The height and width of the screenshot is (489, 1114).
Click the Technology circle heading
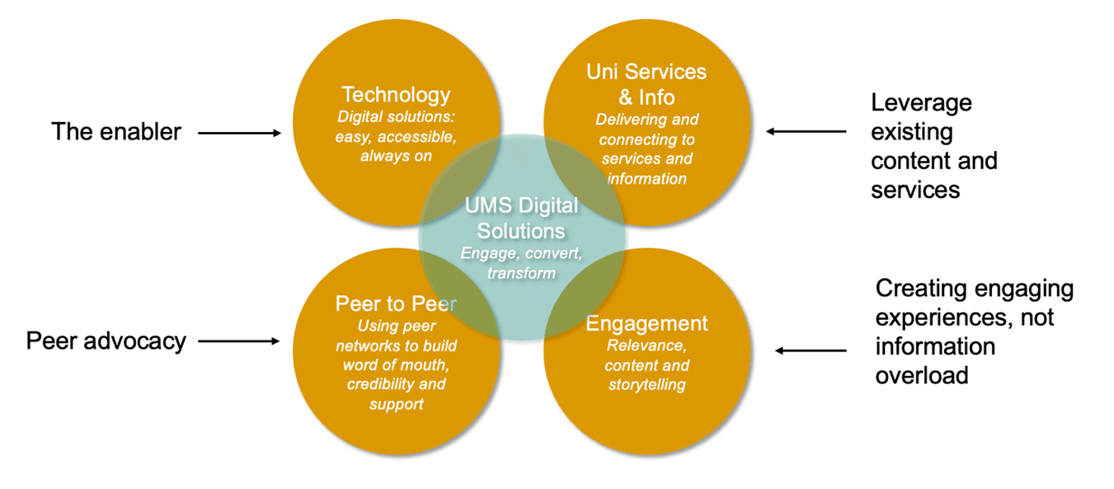click(x=396, y=95)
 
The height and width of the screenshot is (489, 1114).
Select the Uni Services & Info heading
click(x=646, y=84)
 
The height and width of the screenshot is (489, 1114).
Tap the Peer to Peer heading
click(x=396, y=303)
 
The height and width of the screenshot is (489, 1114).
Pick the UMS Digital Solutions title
click(x=521, y=217)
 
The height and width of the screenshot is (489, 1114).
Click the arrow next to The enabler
click(x=239, y=132)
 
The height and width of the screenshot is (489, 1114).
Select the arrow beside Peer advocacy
click(x=239, y=341)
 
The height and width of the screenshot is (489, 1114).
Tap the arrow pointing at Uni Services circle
click(x=806, y=131)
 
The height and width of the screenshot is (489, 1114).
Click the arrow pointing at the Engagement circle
click(x=811, y=351)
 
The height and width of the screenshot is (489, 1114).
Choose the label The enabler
click(x=116, y=131)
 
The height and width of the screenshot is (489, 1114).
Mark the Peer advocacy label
click(x=106, y=341)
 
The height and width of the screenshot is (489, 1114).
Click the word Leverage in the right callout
click(x=921, y=102)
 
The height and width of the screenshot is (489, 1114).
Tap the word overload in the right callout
click(x=921, y=375)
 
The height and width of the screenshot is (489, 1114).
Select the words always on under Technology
click(x=396, y=156)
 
